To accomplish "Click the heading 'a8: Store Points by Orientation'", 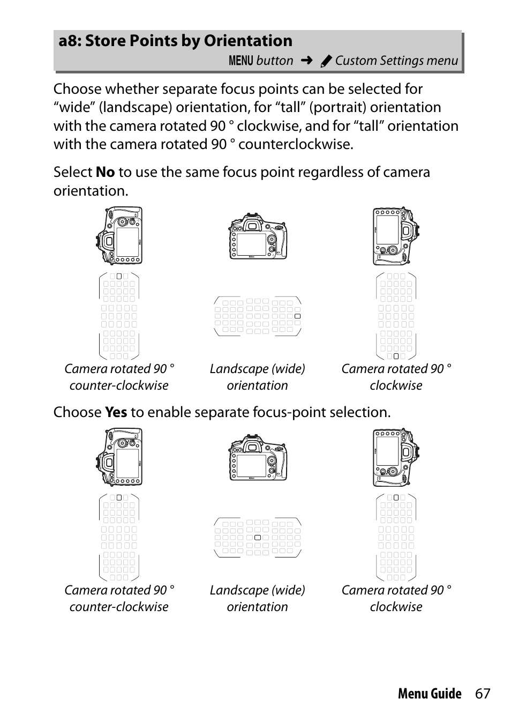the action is pyautogui.click(x=176, y=41).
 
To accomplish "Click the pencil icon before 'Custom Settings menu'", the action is pyautogui.click(x=326, y=62).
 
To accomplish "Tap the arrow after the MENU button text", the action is pyautogui.click(x=306, y=61).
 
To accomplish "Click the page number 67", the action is pyautogui.click(x=482, y=694).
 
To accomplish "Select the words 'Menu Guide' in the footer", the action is pyautogui.click(x=429, y=694).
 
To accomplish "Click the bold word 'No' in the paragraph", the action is pyautogui.click(x=105, y=172).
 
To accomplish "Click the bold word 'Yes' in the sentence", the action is pyautogui.click(x=116, y=412).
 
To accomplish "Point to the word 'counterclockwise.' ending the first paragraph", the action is pyautogui.click(x=296, y=144).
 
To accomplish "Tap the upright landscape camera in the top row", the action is pyautogui.click(x=258, y=237).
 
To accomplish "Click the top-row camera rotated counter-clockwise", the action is pyautogui.click(x=119, y=236).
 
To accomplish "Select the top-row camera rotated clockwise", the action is pyautogui.click(x=396, y=236).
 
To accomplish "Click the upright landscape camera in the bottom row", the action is pyautogui.click(x=258, y=458).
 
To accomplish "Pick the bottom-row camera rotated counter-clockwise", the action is pyautogui.click(x=119, y=457).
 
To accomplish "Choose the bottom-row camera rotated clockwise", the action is pyautogui.click(x=396, y=457).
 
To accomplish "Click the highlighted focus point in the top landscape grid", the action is pyautogui.click(x=298, y=316).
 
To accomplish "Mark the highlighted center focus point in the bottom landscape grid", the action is pyautogui.click(x=258, y=537).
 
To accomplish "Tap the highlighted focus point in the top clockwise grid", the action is pyautogui.click(x=396, y=356).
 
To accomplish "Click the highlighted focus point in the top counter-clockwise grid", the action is pyautogui.click(x=119, y=277).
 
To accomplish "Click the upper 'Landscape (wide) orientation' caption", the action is pyautogui.click(x=258, y=377).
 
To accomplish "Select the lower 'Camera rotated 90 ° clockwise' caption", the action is pyautogui.click(x=396, y=598).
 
